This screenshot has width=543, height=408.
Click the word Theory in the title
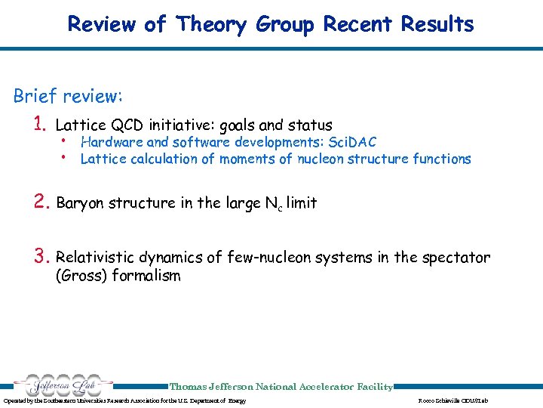(212, 24)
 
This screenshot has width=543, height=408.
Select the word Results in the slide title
(437, 24)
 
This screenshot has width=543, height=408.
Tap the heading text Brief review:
(69, 97)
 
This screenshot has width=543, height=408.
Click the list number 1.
(41, 125)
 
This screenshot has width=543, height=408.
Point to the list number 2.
(41, 202)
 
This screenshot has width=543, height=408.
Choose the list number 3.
(41, 258)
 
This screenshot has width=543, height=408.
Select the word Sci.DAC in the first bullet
(350, 142)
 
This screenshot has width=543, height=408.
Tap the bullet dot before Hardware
(66, 141)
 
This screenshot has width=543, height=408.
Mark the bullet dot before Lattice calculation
(66, 157)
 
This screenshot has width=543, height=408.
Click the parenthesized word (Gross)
(81, 276)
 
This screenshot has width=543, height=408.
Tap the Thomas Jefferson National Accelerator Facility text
(281, 387)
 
